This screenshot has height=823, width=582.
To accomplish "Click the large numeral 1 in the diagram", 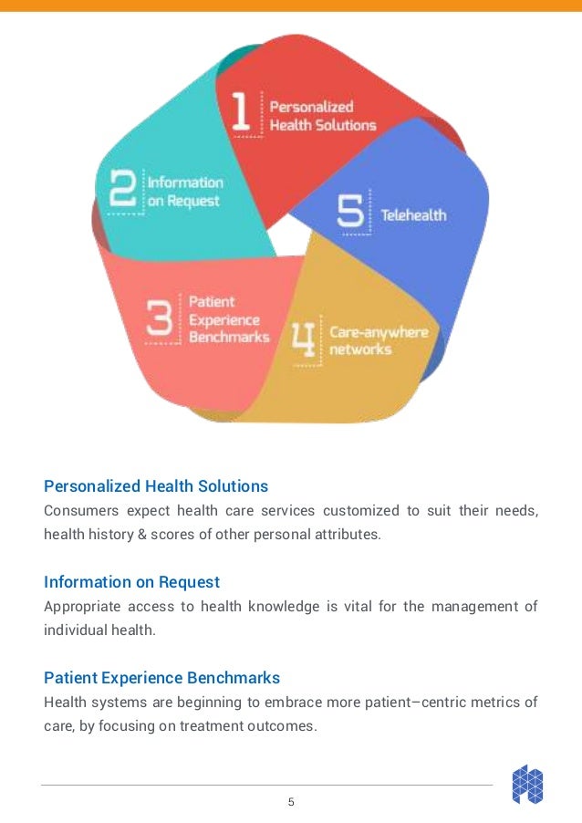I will click(x=241, y=112).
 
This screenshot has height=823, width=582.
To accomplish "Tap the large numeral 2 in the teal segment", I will click(x=125, y=191).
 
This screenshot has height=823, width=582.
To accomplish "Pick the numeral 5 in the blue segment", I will click(x=351, y=214).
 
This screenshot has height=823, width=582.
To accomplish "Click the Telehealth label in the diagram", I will click(x=413, y=215).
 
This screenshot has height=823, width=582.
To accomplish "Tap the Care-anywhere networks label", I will click(x=378, y=340).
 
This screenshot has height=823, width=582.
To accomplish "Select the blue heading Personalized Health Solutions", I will click(x=156, y=485).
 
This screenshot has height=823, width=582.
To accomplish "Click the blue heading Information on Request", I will click(x=131, y=582).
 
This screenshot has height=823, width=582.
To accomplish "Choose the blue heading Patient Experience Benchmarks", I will click(x=161, y=679).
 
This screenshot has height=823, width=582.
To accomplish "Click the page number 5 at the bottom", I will click(x=291, y=803).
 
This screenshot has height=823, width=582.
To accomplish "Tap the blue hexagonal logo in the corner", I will click(x=527, y=785).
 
